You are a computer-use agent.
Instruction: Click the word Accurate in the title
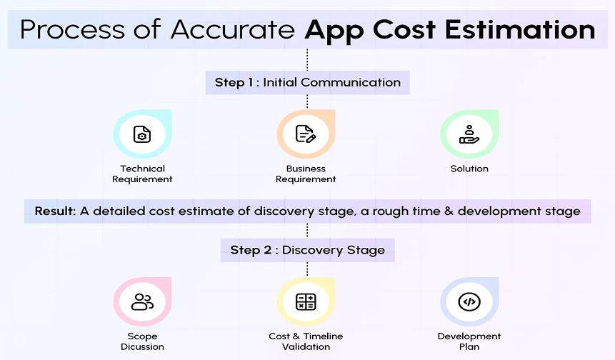point(233,30)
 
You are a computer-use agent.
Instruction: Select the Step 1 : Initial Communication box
point(307,82)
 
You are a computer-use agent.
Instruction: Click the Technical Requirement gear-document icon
point(142,134)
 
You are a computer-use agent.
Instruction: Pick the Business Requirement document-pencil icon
point(306,134)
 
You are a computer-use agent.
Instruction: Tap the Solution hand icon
point(469,134)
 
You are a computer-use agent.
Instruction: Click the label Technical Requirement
point(142,174)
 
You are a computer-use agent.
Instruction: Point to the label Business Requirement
point(306,174)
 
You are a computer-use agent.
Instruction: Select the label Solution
point(469,169)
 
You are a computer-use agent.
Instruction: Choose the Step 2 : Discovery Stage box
point(307,250)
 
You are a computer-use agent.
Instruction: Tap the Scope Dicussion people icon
point(142,302)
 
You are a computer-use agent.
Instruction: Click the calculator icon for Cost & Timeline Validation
point(306,302)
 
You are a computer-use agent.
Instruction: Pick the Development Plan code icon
point(469,302)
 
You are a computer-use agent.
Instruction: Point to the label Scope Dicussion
point(142,341)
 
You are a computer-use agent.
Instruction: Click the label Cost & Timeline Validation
point(306,341)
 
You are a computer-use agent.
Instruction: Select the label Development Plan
point(469,341)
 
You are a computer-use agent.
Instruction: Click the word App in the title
point(329,30)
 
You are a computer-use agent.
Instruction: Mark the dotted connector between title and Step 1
point(307,59)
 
